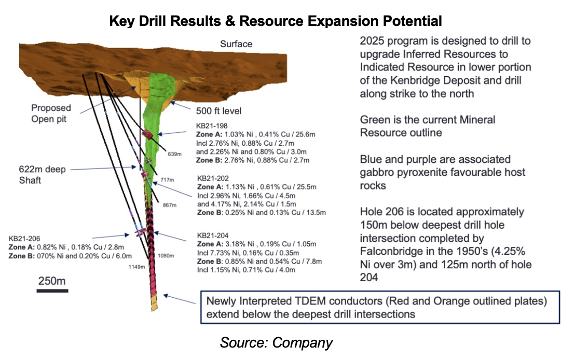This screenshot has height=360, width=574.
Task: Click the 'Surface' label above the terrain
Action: click(236, 44)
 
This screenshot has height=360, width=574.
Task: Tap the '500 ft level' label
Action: click(218, 111)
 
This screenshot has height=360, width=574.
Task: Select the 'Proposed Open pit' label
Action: click(51, 114)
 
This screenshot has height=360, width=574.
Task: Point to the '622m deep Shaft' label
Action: click(43, 174)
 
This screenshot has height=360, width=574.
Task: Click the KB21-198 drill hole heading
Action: click(212, 126)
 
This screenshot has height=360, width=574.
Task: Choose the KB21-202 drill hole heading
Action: click(213, 178)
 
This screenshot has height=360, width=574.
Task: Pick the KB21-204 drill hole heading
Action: click(213, 235)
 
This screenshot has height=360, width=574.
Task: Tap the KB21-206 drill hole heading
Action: click(24, 239)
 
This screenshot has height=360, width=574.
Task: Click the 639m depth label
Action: click(174, 154)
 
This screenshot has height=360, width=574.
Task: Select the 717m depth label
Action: click(167, 180)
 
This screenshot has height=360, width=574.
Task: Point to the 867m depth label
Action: click(170, 205)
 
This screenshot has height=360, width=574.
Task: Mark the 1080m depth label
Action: click(166, 256)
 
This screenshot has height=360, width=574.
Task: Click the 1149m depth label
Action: click(136, 267)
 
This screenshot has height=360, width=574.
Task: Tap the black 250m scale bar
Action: click(52, 291)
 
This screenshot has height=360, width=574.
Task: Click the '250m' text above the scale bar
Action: click(52, 281)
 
